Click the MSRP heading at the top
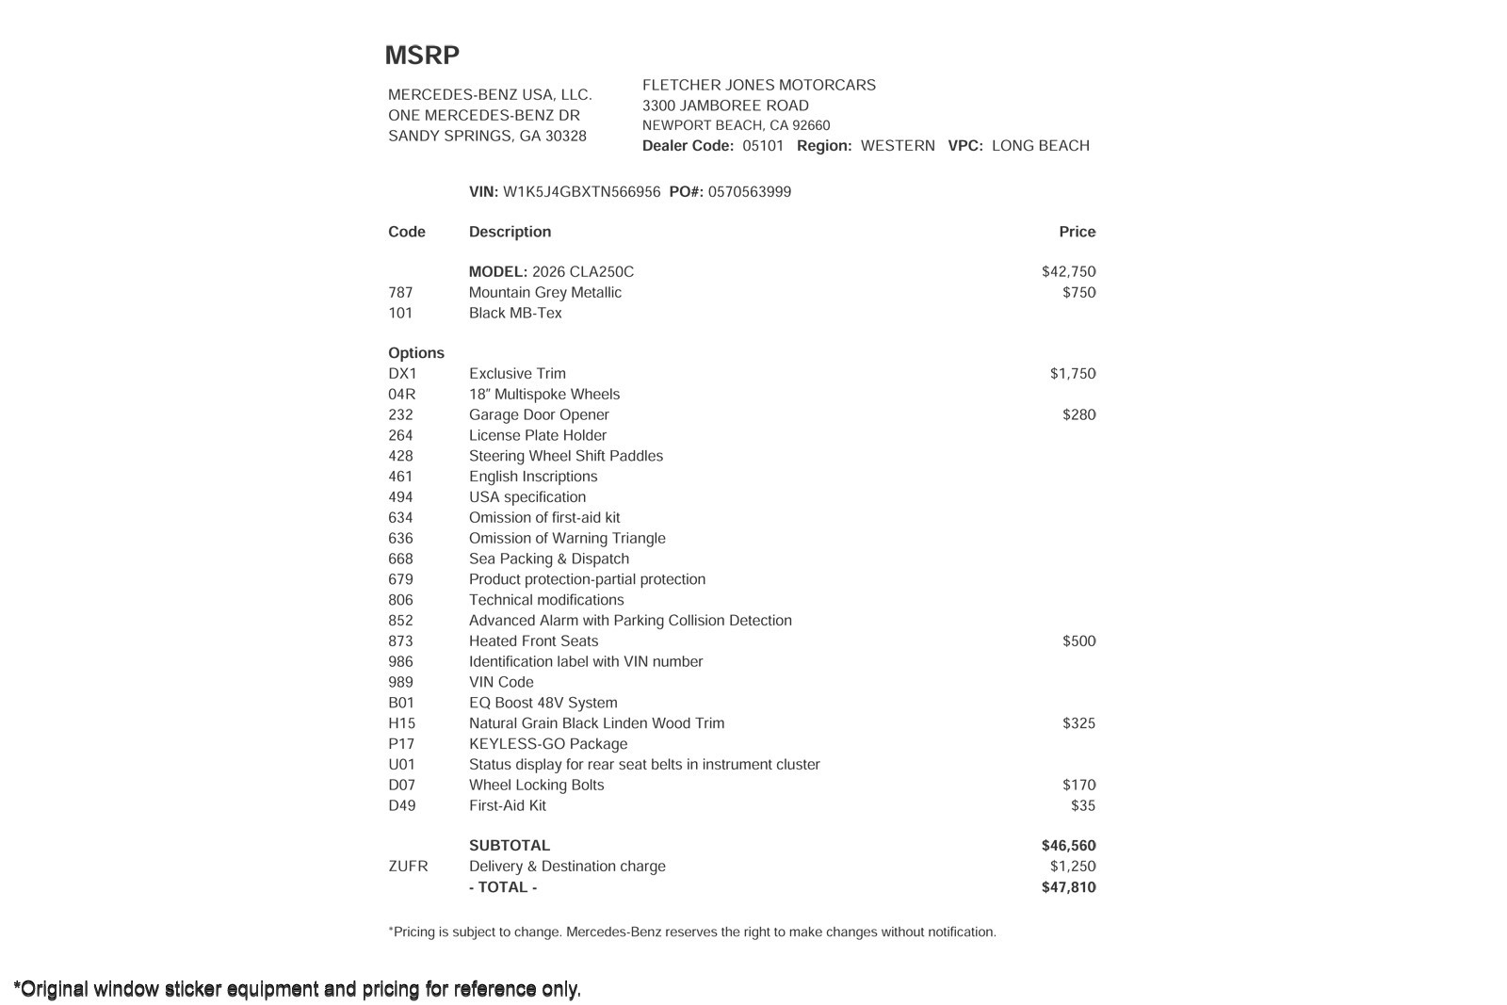[422, 56]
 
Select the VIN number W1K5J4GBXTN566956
[581, 192]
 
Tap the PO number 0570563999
[749, 192]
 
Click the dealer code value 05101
[763, 146]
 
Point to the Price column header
[1077, 232]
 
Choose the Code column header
[407, 232]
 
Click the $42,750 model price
[1068, 272]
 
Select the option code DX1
[402, 374]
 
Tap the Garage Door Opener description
[539, 415]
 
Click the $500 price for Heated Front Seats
[1078, 641]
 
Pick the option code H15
[401, 723]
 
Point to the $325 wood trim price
[1078, 723]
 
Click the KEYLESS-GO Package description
[548, 744]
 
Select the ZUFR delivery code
[408, 867]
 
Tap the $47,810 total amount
[1068, 887]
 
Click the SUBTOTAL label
[510, 846]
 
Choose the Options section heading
[416, 353]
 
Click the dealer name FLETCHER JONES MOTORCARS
[759, 86]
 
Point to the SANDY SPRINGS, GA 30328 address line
[487, 137]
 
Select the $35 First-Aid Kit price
[1083, 805]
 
